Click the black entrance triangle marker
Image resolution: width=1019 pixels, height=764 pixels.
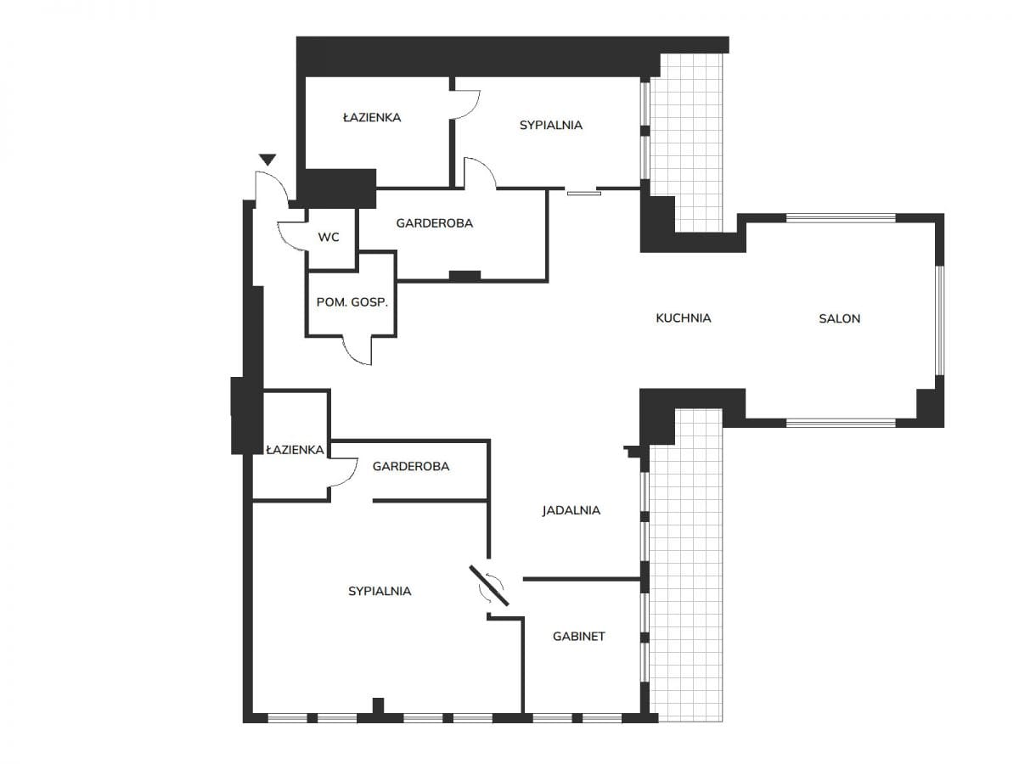(x=267, y=160)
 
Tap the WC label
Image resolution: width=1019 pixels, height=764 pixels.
(x=329, y=238)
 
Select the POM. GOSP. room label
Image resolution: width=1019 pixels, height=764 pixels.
(x=352, y=302)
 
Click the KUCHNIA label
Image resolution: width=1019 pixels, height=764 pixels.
(x=684, y=318)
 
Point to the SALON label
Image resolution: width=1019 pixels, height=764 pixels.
(x=839, y=318)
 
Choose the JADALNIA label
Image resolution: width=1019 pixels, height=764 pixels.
(x=571, y=510)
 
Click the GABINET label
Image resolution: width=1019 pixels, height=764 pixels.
(x=579, y=637)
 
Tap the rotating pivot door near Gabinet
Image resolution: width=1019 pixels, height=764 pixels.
(x=489, y=586)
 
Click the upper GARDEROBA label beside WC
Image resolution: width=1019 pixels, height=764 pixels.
(x=435, y=223)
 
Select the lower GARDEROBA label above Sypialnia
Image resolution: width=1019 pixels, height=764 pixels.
(x=411, y=466)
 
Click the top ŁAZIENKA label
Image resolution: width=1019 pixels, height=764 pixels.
(x=372, y=117)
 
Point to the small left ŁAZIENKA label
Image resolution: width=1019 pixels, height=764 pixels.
(x=295, y=450)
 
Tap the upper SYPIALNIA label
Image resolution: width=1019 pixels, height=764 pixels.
(x=551, y=126)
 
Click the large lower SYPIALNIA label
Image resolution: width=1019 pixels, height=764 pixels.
(x=380, y=591)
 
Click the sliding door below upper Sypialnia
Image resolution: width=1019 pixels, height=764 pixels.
(x=584, y=193)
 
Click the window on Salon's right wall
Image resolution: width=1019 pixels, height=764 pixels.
(x=940, y=320)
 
